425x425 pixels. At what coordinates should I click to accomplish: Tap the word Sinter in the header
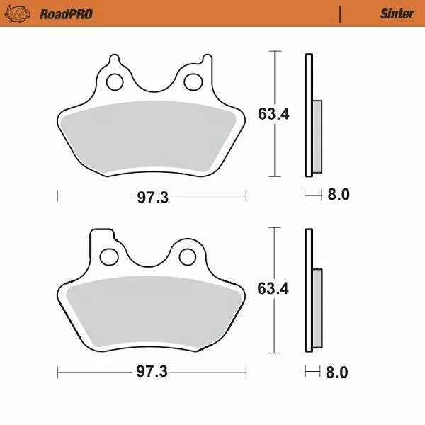(397, 13)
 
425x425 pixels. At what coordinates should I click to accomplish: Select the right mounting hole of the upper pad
(191, 82)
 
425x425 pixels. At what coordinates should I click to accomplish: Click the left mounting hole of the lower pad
(110, 256)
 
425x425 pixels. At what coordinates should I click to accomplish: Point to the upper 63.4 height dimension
(273, 113)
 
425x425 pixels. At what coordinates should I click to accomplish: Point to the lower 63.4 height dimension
(273, 288)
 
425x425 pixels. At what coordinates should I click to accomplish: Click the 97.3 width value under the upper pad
(152, 197)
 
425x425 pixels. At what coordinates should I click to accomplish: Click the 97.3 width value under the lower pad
(152, 372)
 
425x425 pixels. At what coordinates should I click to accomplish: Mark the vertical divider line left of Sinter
(341, 13)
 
